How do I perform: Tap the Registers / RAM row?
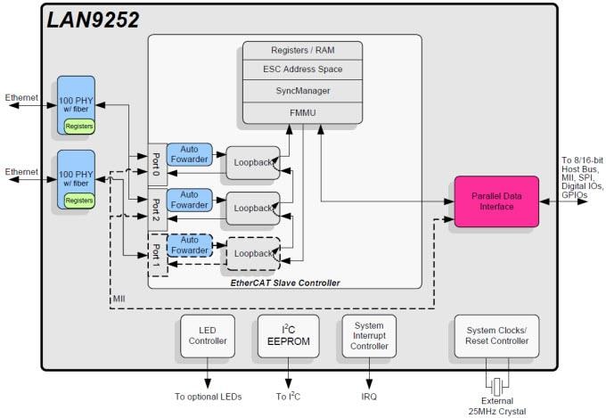[302, 49]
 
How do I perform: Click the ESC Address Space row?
[302, 70]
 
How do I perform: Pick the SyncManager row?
[302, 91]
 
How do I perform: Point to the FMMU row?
[302, 112]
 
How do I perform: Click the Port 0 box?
[157, 163]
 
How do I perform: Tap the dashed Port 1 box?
[157, 253]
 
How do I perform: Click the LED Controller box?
[207, 335]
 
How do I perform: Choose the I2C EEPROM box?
[287, 335]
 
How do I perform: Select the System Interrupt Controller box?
[368, 335]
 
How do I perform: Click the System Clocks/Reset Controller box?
[496, 335]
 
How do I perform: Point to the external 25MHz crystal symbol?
[496, 386]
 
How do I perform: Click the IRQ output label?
[368, 395]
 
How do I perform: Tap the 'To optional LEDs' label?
[207, 395]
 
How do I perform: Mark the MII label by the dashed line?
[119, 297]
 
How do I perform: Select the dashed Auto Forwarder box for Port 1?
[190, 245]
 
